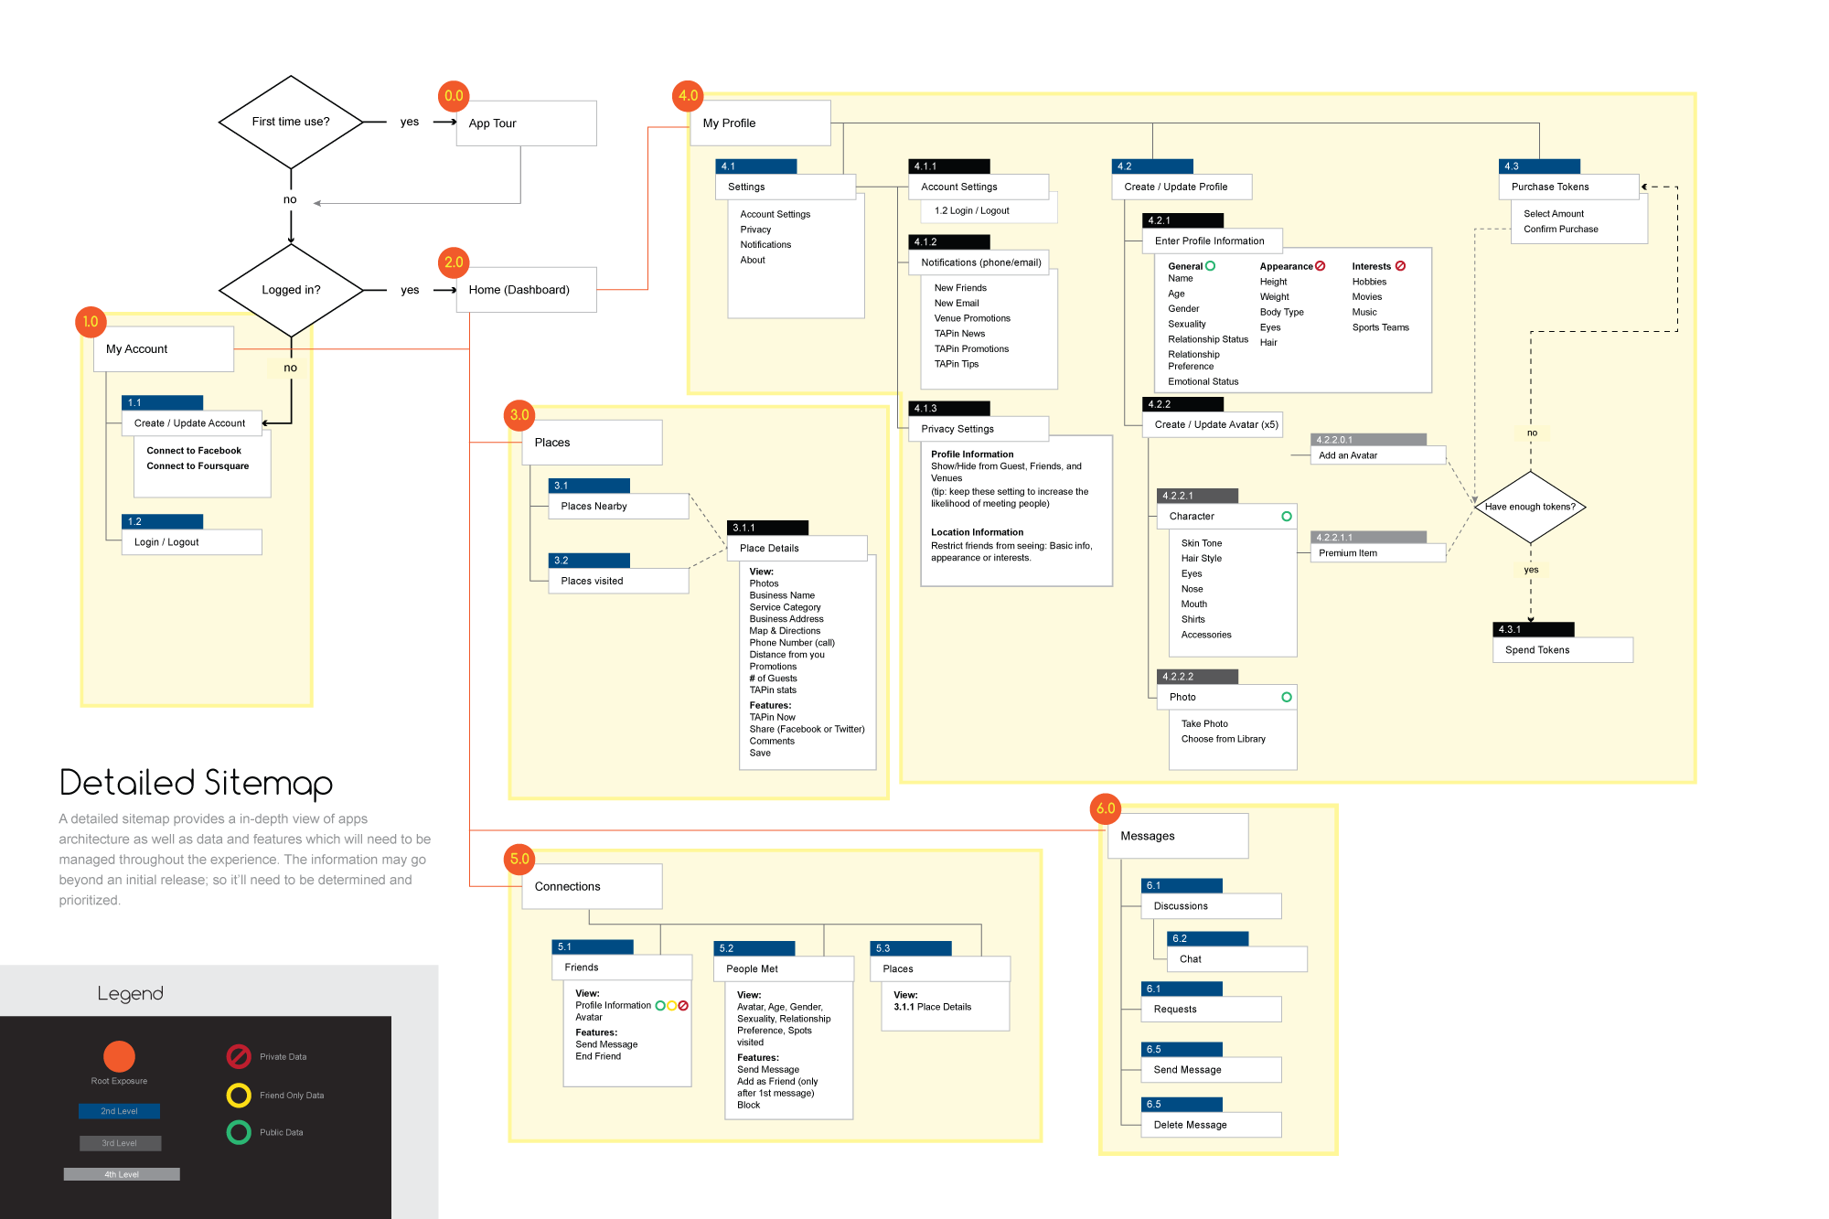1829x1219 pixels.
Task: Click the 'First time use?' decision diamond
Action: click(x=291, y=122)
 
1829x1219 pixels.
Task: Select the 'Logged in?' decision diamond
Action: click(x=291, y=290)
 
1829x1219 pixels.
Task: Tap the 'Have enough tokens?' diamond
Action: click(x=1530, y=507)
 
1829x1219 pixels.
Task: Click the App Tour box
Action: click(x=526, y=123)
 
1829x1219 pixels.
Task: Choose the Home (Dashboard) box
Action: click(x=526, y=290)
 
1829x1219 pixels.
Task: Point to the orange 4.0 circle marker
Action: click(x=688, y=95)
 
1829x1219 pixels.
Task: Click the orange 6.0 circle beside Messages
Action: click(x=1106, y=808)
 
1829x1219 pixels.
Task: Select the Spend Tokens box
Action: click(x=1563, y=650)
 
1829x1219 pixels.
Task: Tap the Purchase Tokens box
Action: click(x=1569, y=187)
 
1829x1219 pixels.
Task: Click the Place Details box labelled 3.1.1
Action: click(x=797, y=549)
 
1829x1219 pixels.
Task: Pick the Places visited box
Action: click(x=618, y=581)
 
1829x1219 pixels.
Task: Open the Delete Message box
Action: click(x=1211, y=1125)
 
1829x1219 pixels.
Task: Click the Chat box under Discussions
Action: click(x=1237, y=959)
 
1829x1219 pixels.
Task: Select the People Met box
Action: click(x=784, y=968)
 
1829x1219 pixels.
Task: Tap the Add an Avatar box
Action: click(x=1378, y=455)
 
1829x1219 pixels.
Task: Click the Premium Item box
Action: click(x=1378, y=553)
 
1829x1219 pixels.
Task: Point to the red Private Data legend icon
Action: click(x=239, y=1056)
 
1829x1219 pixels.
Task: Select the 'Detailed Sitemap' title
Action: click(x=196, y=783)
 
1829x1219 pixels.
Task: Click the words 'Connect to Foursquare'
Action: click(x=198, y=466)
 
